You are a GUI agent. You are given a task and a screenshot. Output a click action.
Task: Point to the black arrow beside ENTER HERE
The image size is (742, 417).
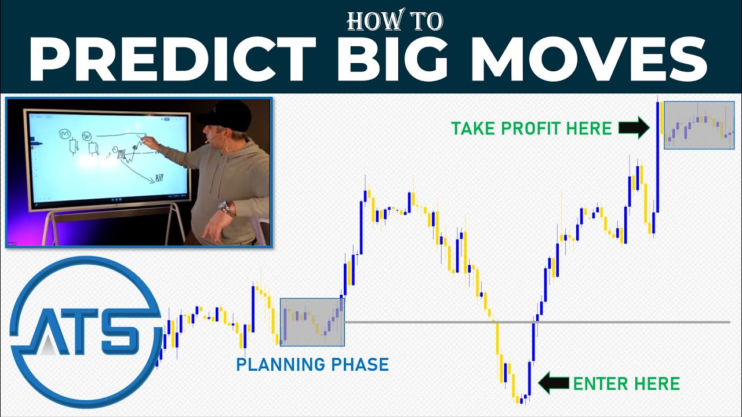coord(554,383)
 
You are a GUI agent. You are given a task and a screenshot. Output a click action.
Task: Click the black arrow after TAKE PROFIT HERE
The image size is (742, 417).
coord(634,128)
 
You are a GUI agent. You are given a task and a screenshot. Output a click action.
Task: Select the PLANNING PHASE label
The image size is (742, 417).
coord(312,365)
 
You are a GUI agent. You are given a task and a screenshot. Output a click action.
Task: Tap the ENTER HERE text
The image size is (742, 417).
coord(626,383)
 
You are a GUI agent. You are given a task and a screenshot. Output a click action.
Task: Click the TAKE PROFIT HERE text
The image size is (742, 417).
coord(532,128)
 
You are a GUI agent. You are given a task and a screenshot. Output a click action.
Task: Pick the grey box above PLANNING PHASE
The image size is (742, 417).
coord(312,322)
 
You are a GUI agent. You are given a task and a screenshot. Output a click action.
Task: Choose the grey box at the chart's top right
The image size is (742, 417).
coord(699,125)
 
